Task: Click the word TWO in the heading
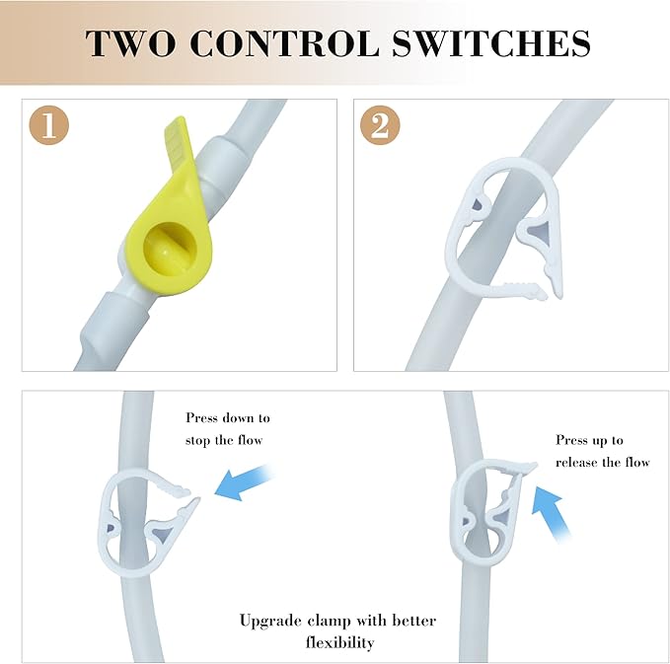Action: coord(130,43)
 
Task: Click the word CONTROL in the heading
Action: coord(284,43)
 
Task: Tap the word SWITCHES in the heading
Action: coord(491,43)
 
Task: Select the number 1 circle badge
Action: coord(48,125)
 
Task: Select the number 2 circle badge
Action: coord(380,125)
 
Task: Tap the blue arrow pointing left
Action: coord(244,482)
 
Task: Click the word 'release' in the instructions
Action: coord(577,463)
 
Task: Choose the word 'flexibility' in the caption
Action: coord(340,642)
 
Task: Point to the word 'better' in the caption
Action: coord(414,621)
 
